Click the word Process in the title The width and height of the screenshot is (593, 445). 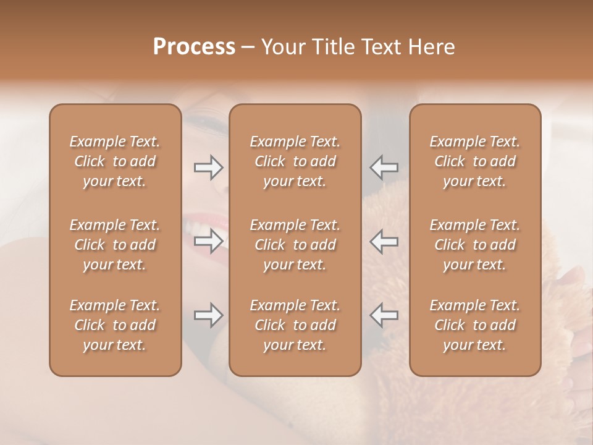coord(194,47)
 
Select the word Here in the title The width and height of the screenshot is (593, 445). coord(432,47)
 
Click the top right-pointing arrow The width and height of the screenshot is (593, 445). coord(208,167)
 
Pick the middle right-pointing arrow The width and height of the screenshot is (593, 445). coord(208,240)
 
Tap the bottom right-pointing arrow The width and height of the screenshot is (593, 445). coord(208,315)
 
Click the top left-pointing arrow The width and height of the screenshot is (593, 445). coord(384,167)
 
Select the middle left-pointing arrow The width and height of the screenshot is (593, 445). coord(384,240)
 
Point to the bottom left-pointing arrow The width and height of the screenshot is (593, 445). coord(384,315)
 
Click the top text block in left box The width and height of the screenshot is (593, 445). coord(115,161)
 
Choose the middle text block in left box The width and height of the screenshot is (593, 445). coord(115,245)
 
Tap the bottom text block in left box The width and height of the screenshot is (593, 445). coord(115,325)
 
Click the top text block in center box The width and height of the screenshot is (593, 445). coord(295,161)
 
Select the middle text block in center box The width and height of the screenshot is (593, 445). coord(295,245)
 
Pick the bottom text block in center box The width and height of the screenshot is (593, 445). coord(295,325)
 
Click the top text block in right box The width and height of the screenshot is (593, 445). coord(475,161)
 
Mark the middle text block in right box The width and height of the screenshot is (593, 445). coord(475,245)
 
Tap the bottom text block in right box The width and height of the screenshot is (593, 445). coord(475,325)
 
